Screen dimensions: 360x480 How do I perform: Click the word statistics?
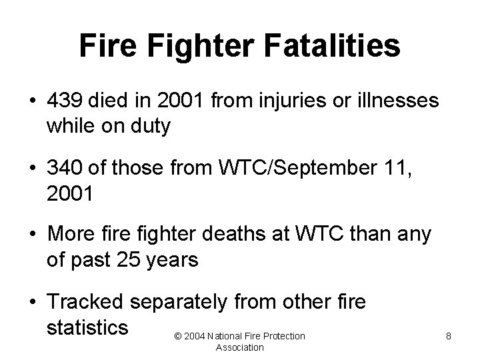pyautogui.click(x=87, y=327)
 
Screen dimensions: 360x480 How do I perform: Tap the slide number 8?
pyautogui.click(x=449, y=337)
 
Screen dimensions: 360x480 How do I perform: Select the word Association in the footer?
pyautogui.click(x=240, y=347)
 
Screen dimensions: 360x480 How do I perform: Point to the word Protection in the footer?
pyautogui.click(x=282, y=337)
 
